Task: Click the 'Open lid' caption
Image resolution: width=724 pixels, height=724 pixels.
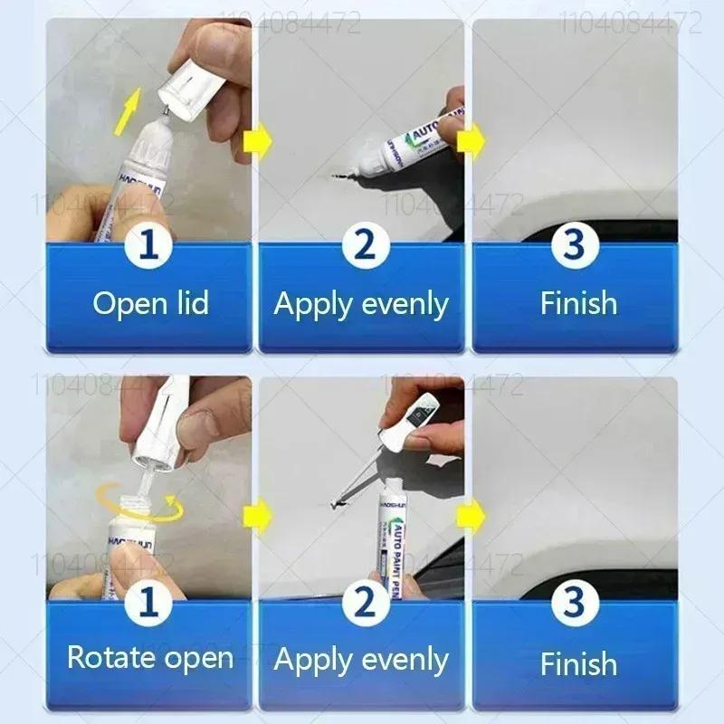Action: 150,303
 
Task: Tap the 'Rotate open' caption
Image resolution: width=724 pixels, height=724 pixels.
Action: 150,657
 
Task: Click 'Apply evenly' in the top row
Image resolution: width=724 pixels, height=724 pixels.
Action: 361,304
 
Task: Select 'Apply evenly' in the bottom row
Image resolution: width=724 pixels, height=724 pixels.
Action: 361,661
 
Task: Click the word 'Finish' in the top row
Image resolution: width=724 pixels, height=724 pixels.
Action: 577,303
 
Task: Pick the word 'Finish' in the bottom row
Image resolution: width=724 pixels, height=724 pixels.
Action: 577,663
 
